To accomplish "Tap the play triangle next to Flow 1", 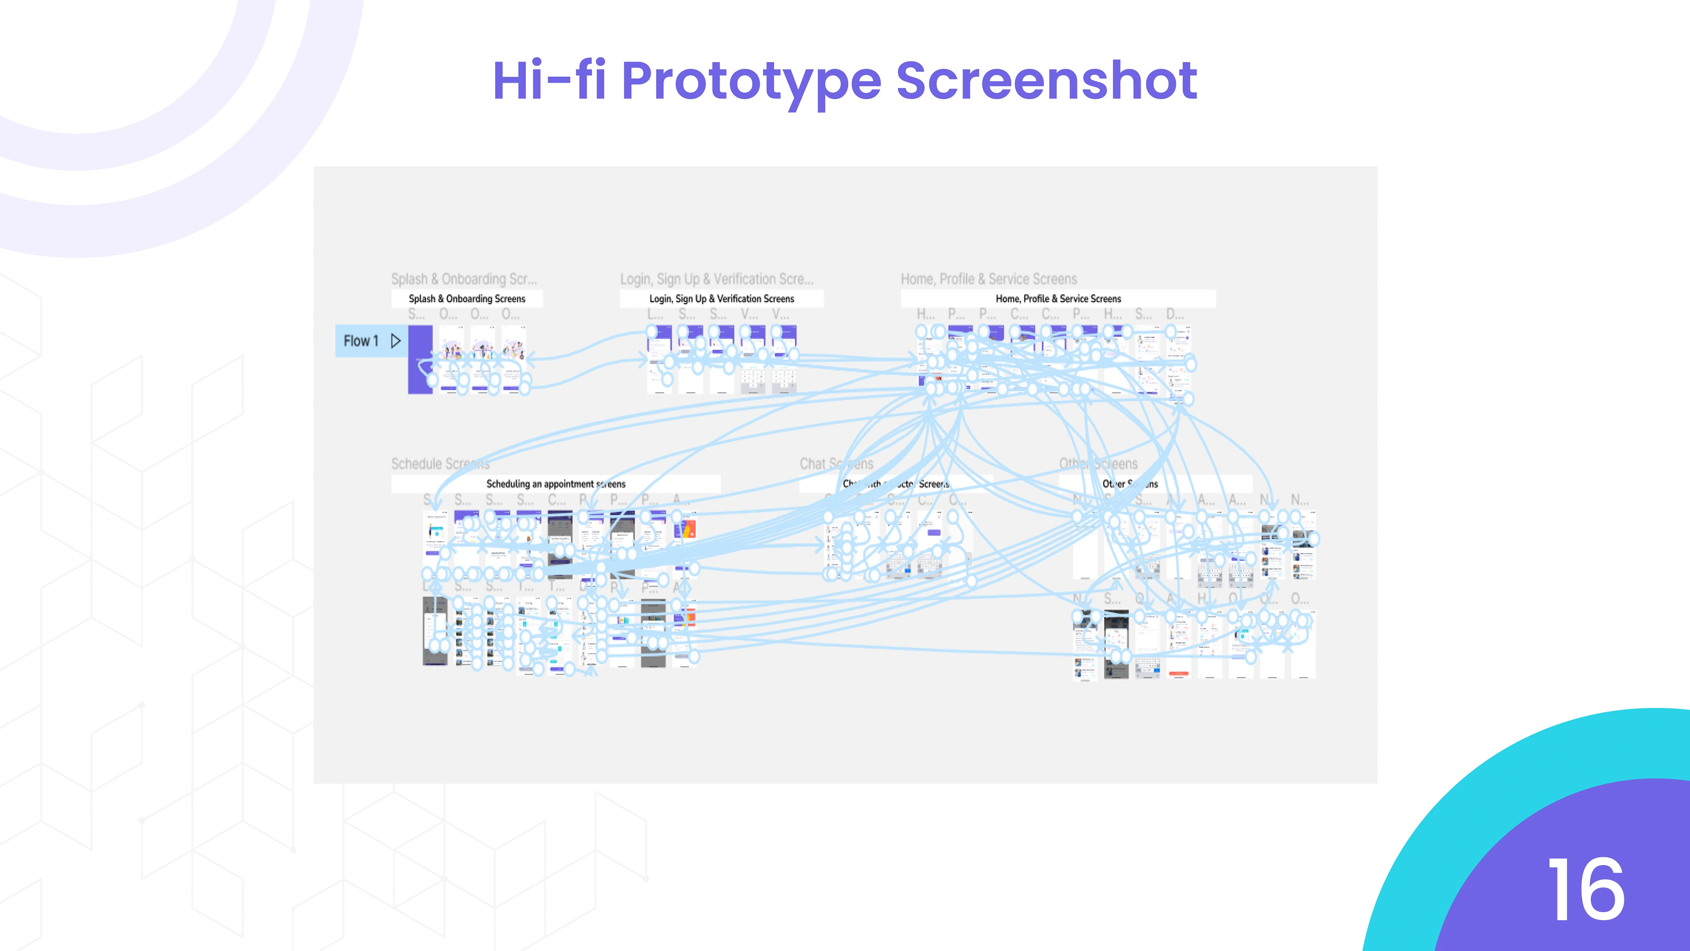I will (x=396, y=341).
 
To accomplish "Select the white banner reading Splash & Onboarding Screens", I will (x=467, y=299).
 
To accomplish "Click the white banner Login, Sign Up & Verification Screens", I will (x=721, y=299).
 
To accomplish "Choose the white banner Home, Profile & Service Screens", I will (x=1058, y=299).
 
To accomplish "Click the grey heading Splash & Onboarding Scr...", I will (x=463, y=279).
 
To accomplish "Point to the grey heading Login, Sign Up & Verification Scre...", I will (x=716, y=279).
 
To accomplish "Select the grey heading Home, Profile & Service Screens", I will (x=988, y=279).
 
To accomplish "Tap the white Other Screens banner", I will (x=1155, y=484).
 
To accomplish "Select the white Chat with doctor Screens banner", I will (x=896, y=484).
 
